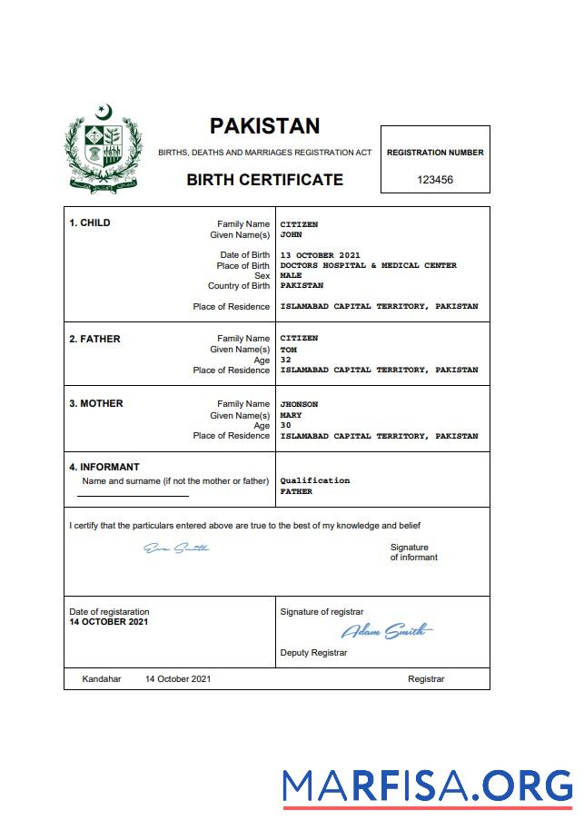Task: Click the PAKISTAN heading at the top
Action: (264, 126)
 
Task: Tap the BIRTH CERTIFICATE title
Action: (264, 180)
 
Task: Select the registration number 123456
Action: (435, 180)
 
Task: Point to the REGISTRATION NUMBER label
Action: (435, 153)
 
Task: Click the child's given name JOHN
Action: (291, 234)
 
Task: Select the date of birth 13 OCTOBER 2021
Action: (321, 255)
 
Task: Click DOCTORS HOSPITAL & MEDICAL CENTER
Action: (368, 265)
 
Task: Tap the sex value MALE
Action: (291, 275)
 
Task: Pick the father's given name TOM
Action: (288, 350)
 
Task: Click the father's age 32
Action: (285, 360)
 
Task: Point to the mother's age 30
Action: (285, 425)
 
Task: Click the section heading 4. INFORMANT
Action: (104, 468)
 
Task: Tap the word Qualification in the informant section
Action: (314, 480)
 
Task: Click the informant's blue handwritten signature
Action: (177, 548)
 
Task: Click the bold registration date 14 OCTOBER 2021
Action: (109, 622)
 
